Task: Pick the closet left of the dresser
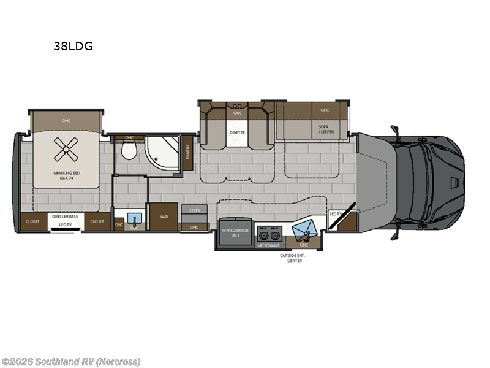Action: click(32, 221)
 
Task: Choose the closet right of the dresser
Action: click(97, 221)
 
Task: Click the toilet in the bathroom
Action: click(129, 150)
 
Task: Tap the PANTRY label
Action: click(189, 151)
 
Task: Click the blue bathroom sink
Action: click(134, 218)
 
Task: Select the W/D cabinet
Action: click(164, 216)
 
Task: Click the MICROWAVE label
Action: click(268, 245)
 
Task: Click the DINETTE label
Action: click(237, 130)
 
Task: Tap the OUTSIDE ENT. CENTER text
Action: click(296, 258)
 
